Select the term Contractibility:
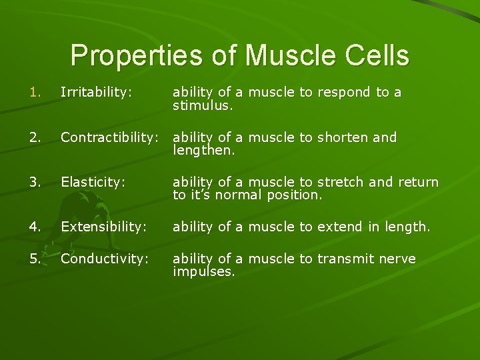tap(109, 137)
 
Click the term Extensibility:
tap(103, 227)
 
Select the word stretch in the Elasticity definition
tap(341, 182)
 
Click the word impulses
tap(203, 271)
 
